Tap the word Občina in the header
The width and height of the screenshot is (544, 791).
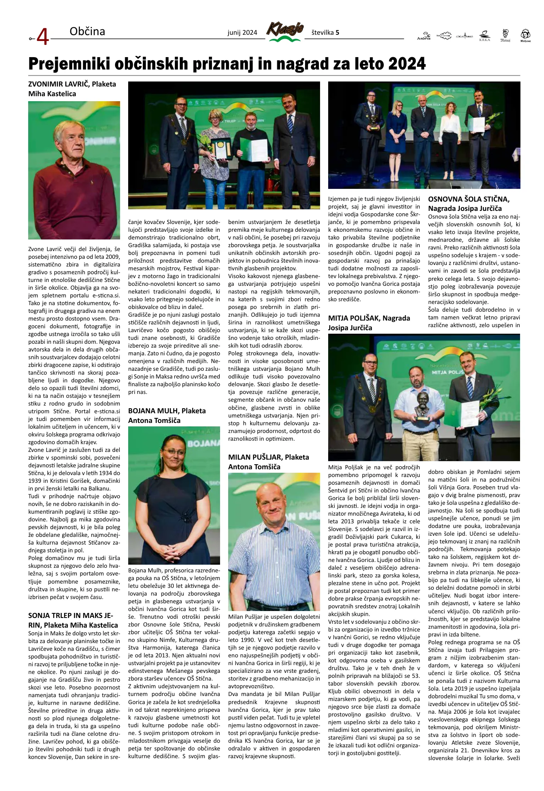(87, 31)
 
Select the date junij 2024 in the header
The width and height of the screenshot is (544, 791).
(242, 33)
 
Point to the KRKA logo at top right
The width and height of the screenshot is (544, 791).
(485, 36)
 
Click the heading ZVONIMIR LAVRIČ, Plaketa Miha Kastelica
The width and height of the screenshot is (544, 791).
(72, 89)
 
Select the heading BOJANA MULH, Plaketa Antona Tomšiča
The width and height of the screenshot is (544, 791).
(167, 416)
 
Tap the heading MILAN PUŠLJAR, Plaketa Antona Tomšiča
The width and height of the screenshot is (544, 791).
(268, 462)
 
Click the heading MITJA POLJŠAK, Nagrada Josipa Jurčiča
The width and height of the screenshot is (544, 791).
(369, 323)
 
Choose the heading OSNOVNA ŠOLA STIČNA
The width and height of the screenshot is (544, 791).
(469, 199)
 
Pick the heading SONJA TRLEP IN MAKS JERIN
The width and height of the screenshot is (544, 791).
(73, 620)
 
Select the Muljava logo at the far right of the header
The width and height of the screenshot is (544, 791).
(525, 35)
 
